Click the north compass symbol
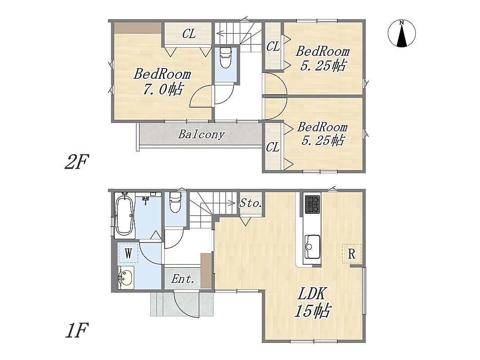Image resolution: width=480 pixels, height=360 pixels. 402,33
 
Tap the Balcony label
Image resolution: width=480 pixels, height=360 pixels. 202,135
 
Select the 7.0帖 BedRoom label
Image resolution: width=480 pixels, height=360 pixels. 162,82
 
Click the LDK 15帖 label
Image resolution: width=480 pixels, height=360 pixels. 312,302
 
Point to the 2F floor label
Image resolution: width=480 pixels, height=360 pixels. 76,162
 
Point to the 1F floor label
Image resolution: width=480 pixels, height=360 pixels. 76,330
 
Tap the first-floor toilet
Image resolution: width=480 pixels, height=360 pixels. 175,202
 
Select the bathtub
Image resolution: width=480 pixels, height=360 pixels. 124,215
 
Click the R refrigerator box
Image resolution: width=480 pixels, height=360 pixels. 351,253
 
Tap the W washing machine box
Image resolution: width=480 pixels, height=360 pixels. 128,253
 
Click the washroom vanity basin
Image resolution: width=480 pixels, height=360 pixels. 125,277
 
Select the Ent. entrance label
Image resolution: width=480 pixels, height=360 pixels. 183,279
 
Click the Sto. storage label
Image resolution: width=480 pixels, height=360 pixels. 251,202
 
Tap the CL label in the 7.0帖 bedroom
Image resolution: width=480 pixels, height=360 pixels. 189,34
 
